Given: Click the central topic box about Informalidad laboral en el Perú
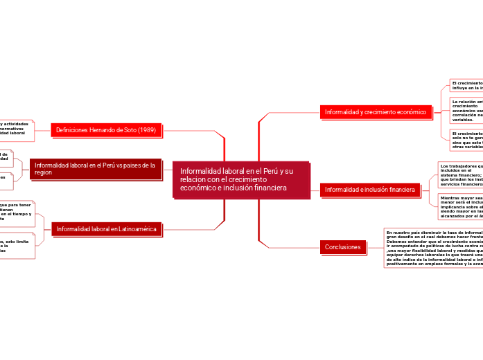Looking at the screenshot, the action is click(241, 179).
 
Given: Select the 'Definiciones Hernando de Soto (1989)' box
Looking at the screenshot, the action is click(106, 129).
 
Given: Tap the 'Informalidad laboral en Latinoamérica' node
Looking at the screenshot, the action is click(107, 228).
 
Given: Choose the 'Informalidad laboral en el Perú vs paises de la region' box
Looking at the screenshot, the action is click(96, 169).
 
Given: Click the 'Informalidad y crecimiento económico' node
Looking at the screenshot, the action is click(375, 111).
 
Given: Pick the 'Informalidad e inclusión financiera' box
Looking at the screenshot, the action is click(369, 189).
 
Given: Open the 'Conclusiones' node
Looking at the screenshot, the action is click(343, 246).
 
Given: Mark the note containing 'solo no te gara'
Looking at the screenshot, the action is click(466, 140).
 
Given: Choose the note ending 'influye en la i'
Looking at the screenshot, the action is click(466, 85).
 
